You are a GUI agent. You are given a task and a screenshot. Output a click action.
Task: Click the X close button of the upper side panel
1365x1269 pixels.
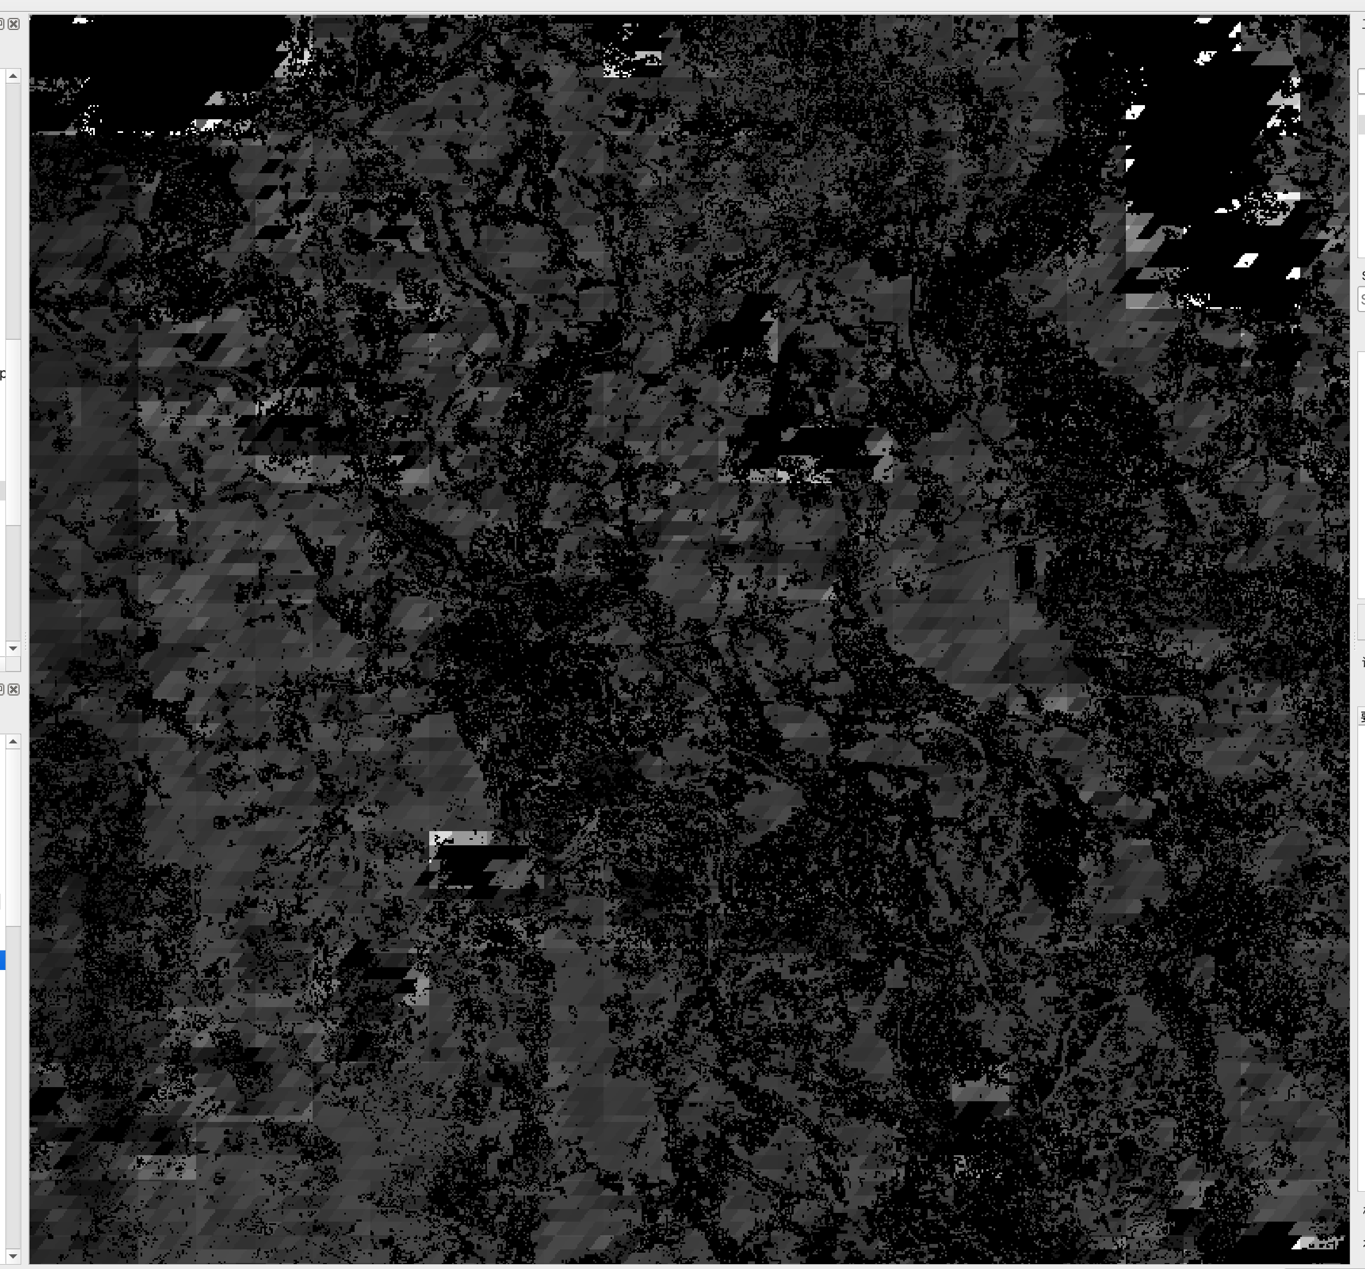(x=14, y=24)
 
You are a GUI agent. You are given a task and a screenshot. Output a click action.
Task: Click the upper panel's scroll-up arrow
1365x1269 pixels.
(x=13, y=76)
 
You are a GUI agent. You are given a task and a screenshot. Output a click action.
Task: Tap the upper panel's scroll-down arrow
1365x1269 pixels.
(x=13, y=648)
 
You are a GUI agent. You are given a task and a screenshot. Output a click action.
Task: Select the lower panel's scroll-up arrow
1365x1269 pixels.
(x=13, y=742)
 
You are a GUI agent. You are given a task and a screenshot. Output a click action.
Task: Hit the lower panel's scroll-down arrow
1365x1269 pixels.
(x=13, y=1256)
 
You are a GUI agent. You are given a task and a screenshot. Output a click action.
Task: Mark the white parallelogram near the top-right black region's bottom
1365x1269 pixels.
(x=1246, y=260)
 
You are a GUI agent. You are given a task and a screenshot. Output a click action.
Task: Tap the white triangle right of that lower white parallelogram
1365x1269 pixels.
(x=1294, y=274)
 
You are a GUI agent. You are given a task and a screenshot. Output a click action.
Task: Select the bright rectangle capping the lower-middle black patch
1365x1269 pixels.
(x=460, y=838)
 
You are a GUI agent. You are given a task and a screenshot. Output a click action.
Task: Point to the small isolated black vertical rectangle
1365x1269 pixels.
(x=1025, y=567)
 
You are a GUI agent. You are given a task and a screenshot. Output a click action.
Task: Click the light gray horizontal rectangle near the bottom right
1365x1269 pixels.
(x=981, y=1091)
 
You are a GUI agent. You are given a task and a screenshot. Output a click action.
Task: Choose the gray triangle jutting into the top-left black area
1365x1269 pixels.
(x=216, y=100)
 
